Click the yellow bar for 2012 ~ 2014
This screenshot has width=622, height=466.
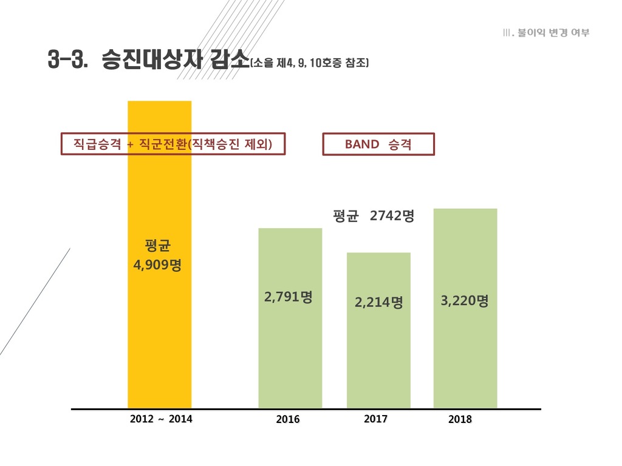pyautogui.click(x=159, y=340)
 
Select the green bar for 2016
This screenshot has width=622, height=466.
pyautogui.click(x=290, y=358)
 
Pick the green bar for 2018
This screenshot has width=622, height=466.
pyautogui.click(x=465, y=358)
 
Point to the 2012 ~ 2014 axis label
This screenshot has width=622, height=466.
pyautogui.click(x=161, y=419)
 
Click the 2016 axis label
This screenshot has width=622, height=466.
pyautogui.click(x=288, y=419)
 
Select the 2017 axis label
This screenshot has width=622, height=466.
pyautogui.click(x=376, y=419)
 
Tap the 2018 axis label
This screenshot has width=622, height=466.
pyautogui.click(x=460, y=419)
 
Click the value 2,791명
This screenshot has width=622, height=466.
pyautogui.click(x=289, y=297)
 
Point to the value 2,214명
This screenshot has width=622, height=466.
pyautogui.click(x=379, y=302)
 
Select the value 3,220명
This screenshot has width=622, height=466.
pyautogui.click(x=465, y=301)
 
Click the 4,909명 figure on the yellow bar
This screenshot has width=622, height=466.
pyautogui.click(x=157, y=265)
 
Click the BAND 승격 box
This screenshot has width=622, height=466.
pyautogui.click(x=378, y=144)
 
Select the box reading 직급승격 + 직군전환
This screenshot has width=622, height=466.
pyautogui.click(x=173, y=144)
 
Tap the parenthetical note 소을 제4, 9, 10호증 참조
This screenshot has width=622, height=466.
pyautogui.click(x=310, y=62)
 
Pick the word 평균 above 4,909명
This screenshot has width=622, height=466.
pyautogui.click(x=158, y=246)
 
